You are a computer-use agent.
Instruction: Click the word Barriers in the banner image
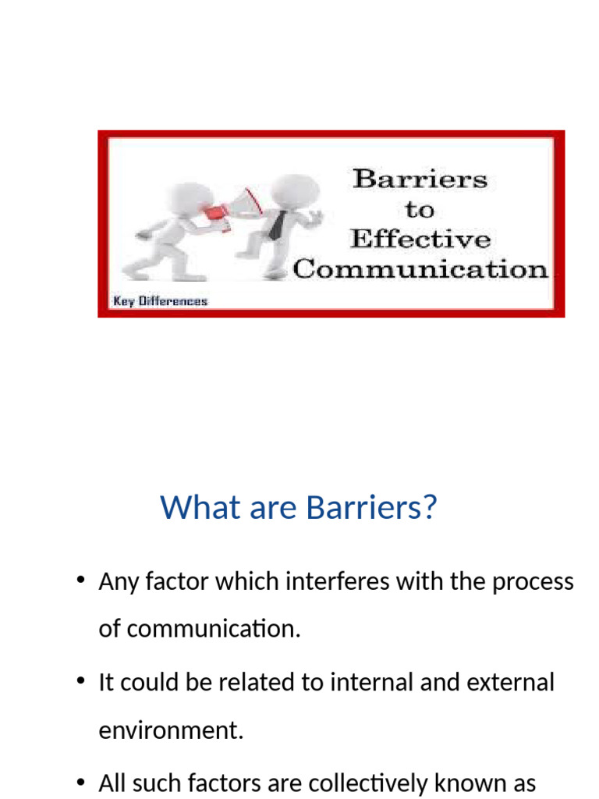click(x=420, y=179)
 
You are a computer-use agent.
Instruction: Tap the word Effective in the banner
click(x=420, y=239)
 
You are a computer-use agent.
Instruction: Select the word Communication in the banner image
click(x=420, y=269)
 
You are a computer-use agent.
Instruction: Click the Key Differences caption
click(x=161, y=301)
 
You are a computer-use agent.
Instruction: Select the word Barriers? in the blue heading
click(x=372, y=508)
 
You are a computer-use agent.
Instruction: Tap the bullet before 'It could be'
click(x=80, y=681)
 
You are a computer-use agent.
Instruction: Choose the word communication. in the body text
click(x=199, y=629)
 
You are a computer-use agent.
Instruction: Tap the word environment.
click(x=171, y=730)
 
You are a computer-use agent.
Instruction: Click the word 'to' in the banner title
click(x=420, y=209)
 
